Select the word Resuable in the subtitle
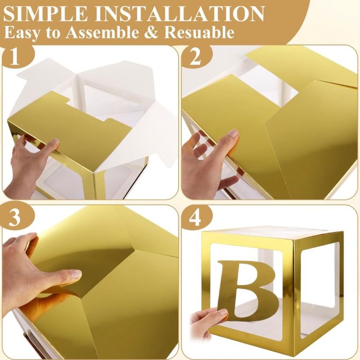(199, 32)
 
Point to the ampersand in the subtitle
(151, 32)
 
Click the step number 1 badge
(15, 57)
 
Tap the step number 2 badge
(195, 57)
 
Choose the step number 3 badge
(15, 217)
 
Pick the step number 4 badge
(195, 217)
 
